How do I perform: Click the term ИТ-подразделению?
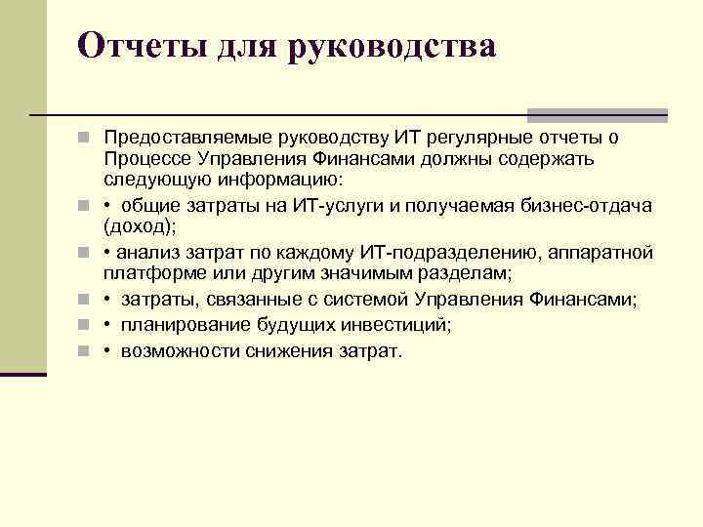(x=438, y=253)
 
